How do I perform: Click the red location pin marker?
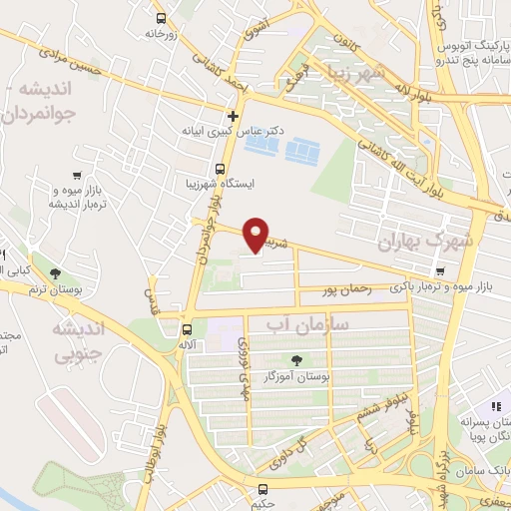coord(256,235)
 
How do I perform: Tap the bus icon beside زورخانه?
coord(162,17)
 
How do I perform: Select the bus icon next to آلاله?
coord(187,329)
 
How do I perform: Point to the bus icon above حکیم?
coord(263,489)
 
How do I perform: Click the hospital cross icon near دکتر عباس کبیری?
coord(233,116)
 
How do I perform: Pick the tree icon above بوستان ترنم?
coord(54,272)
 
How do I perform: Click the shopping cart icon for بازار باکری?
coord(440,270)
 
